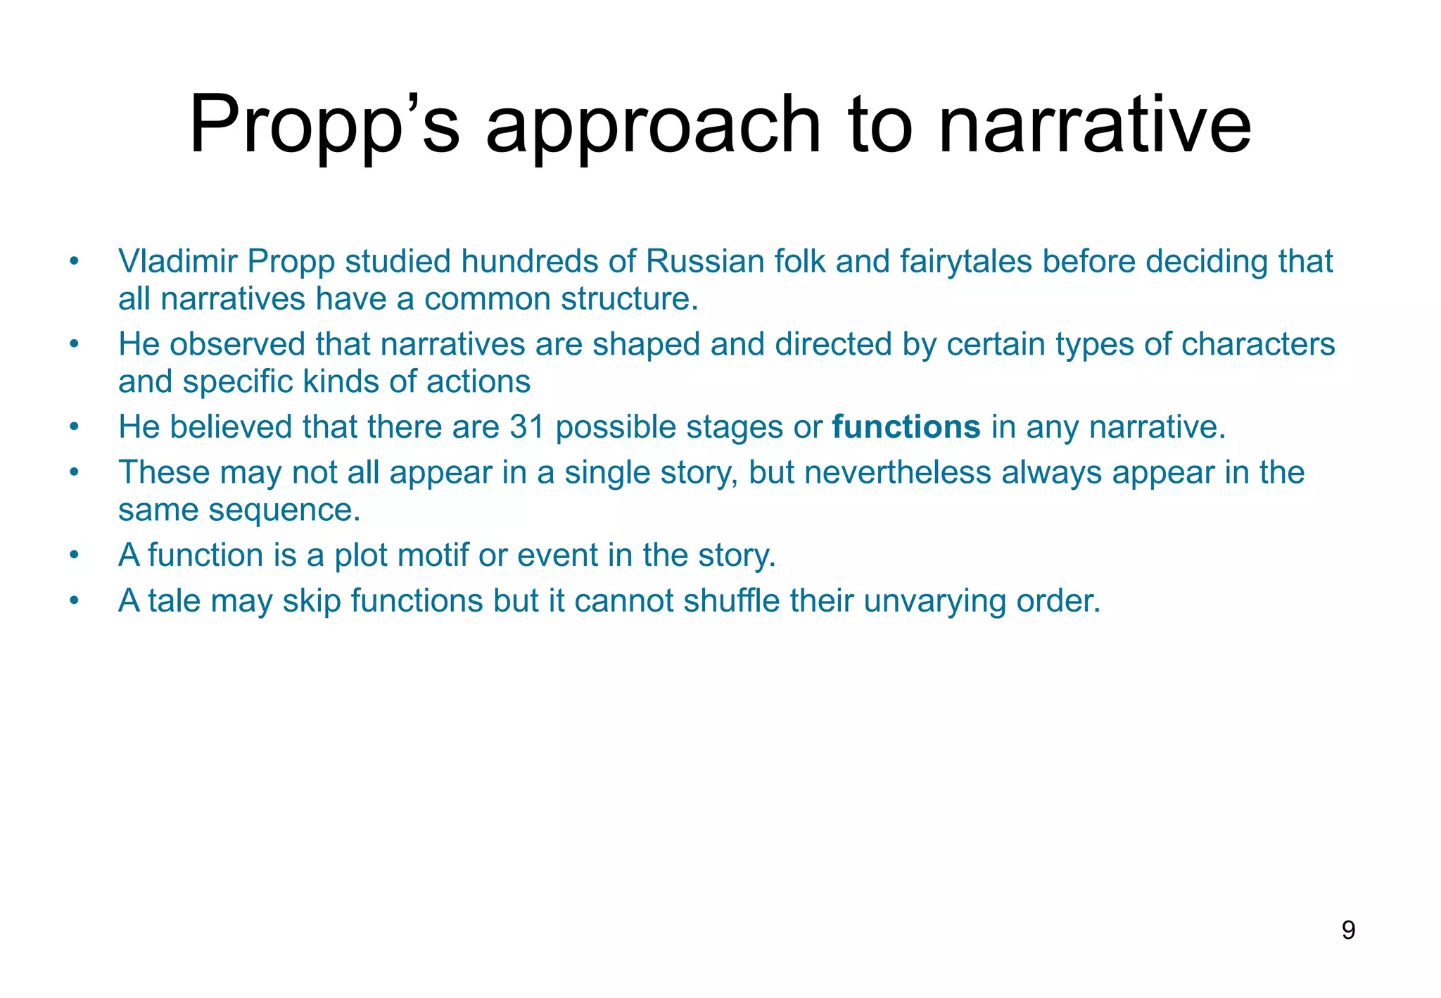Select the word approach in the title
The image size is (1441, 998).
click(x=653, y=127)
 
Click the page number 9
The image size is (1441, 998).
click(x=1348, y=930)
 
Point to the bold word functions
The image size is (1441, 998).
click(x=906, y=427)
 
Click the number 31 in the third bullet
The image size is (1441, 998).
click(x=527, y=427)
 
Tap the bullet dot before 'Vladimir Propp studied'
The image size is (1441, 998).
click(x=74, y=263)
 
